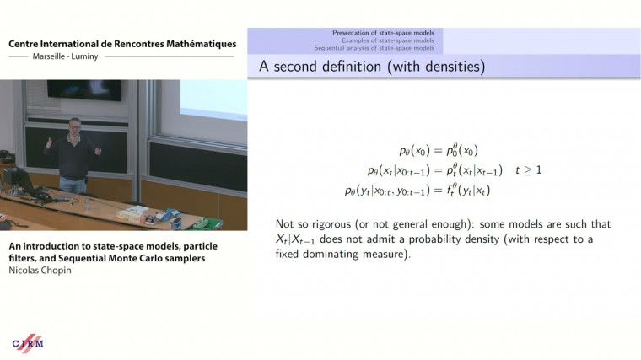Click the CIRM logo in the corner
click(x=28, y=343)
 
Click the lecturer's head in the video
click(x=74, y=126)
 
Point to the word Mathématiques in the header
click(x=193, y=44)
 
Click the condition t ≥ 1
click(x=529, y=170)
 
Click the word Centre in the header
click(x=28, y=44)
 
